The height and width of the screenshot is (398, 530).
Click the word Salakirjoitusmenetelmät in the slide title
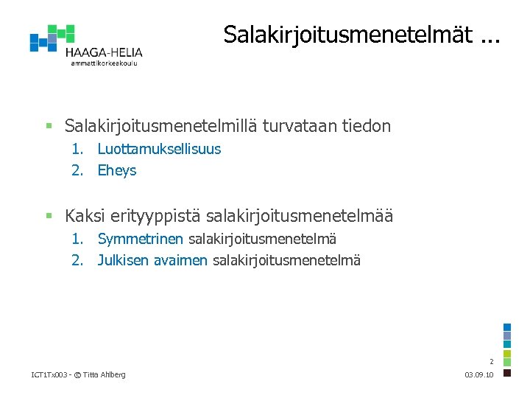[347, 35]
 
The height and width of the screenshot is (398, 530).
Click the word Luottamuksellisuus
[159, 149]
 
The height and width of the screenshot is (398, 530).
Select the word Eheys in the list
[117, 171]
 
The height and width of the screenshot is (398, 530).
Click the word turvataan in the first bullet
[298, 126]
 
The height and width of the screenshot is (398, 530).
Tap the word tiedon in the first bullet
[367, 126]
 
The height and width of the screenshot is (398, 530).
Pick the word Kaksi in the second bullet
[84, 216]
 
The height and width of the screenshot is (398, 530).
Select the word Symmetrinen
[141, 239]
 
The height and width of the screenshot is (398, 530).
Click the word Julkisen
[123, 260]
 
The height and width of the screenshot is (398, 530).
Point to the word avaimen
[180, 260]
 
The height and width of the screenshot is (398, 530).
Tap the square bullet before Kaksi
[49, 216]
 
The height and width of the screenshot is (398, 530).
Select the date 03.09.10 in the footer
[480, 375]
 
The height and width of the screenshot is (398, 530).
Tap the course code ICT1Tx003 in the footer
[49, 375]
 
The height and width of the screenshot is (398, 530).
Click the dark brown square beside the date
[506, 373]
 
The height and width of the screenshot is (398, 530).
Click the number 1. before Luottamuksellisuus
[77, 149]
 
